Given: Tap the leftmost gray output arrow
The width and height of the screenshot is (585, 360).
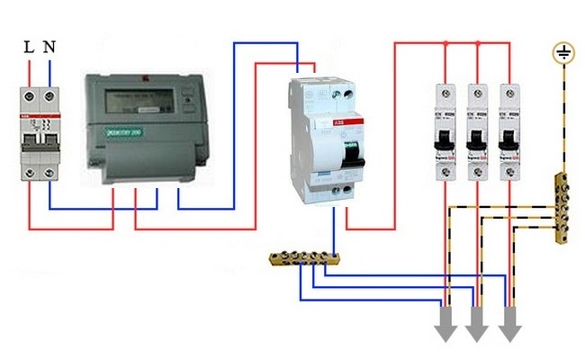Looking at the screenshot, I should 445,326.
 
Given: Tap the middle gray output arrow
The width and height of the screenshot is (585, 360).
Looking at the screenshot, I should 477,326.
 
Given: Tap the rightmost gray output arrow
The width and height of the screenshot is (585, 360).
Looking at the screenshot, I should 509,326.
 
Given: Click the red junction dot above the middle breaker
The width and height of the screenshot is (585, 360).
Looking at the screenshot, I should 478,41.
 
